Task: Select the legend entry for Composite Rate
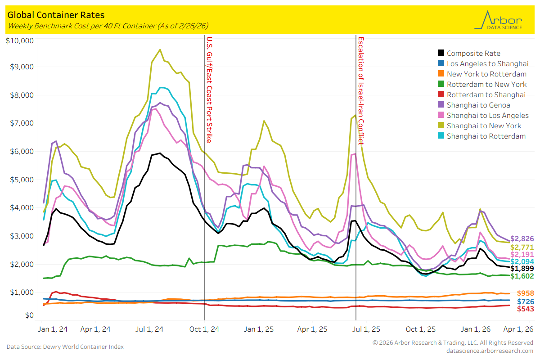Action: click(473, 54)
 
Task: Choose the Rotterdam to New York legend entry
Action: click(486, 85)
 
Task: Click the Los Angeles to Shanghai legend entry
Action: click(487, 64)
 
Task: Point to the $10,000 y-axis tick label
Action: click(20, 41)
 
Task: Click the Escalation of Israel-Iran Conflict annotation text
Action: click(360, 90)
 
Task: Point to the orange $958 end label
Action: click(525, 293)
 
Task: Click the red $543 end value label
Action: click(525, 309)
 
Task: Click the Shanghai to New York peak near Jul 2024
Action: click(160, 49)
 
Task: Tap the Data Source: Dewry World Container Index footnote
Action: click(65, 346)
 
